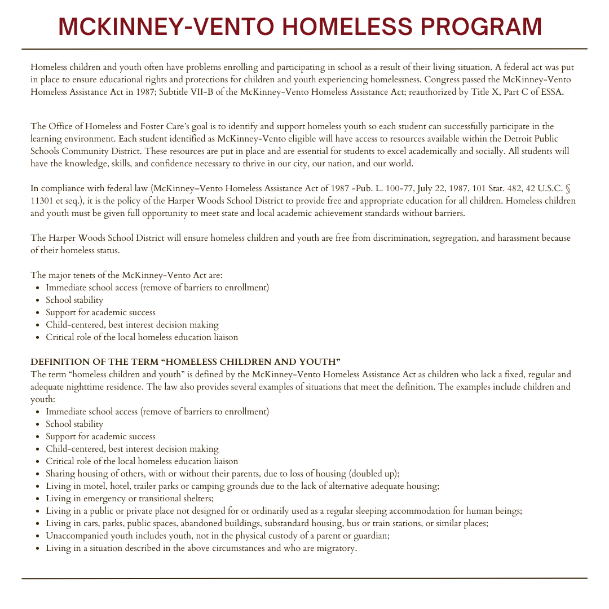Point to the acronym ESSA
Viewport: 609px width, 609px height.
(552, 92)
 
